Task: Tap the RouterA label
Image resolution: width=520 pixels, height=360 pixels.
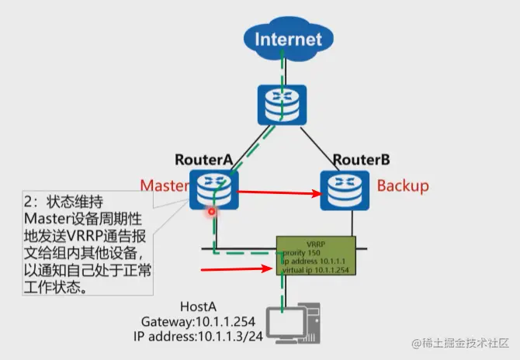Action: pyautogui.click(x=204, y=160)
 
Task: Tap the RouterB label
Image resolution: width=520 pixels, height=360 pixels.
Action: pyautogui.click(x=361, y=161)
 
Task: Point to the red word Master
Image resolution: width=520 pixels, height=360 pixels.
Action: pyautogui.click(x=165, y=186)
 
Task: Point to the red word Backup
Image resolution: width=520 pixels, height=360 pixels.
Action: pyautogui.click(x=403, y=186)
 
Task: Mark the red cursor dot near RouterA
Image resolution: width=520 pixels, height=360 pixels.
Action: pyautogui.click(x=210, y=210)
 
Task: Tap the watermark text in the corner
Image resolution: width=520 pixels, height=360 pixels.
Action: pyautogui.click(x=461, y=343)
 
